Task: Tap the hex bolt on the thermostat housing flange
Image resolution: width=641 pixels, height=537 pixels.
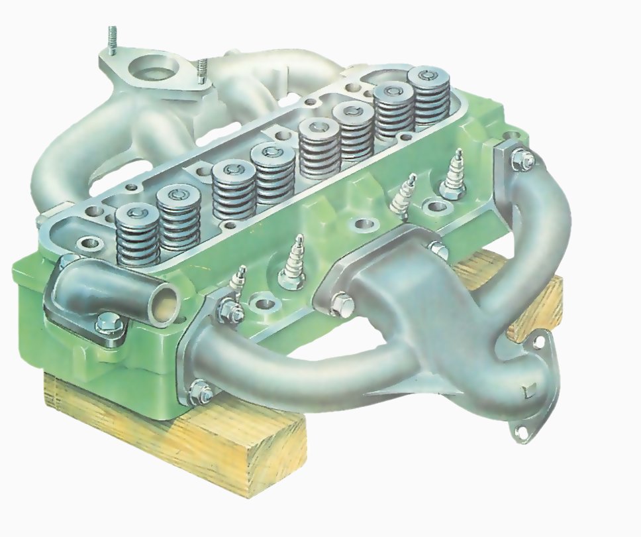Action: click(x=105, y=324)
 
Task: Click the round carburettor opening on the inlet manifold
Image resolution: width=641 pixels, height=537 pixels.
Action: click(x=154, y=69)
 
